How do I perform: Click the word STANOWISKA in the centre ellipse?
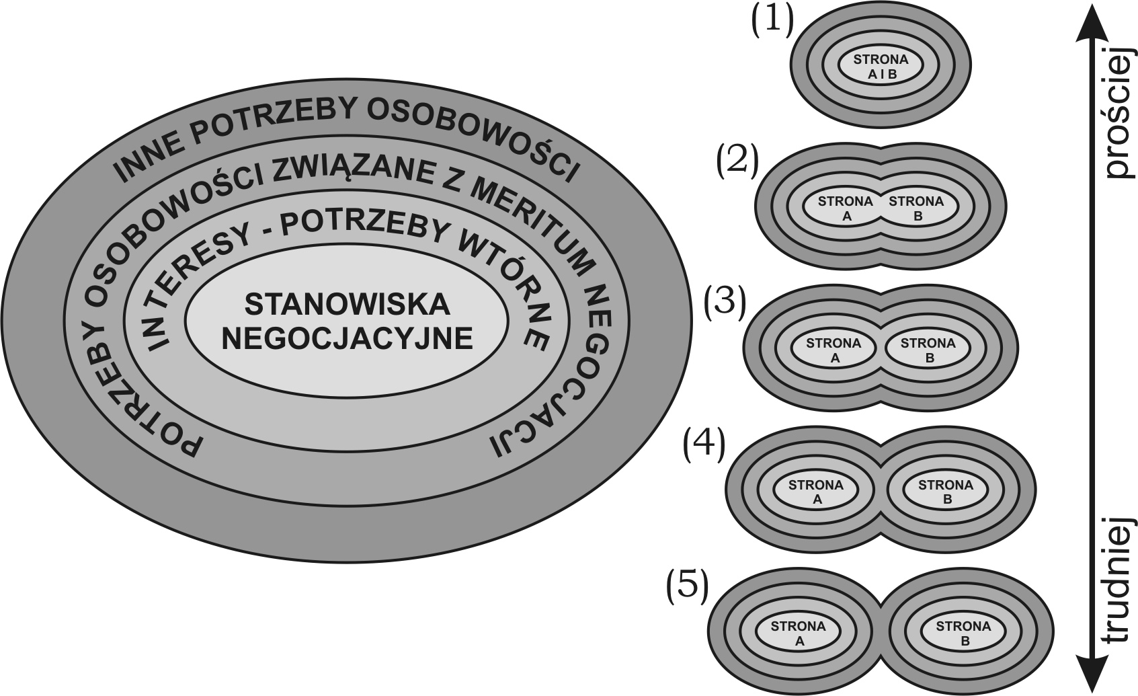tap(347, 305)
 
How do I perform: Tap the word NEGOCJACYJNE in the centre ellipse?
tap(347, 338)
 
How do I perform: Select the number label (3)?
tap(725, 303)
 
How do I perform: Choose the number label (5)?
tap(687, 586)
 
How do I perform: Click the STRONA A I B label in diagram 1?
tap(881, 67)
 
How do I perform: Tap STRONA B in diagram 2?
tap(916, 208)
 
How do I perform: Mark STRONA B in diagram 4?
tap(945, 492)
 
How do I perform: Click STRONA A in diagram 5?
tap(798, 633)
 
